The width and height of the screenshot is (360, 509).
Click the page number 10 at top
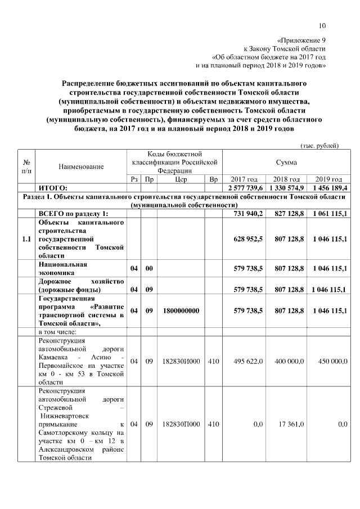(322, 25)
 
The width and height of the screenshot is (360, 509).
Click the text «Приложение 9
(301, 40)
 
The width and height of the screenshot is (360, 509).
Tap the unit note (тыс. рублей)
(319, 146)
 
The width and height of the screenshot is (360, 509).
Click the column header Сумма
(286, 162)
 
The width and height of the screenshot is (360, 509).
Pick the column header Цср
(181, 179)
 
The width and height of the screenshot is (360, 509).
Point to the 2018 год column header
(286, 179)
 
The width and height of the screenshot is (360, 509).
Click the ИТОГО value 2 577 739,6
(243, 188)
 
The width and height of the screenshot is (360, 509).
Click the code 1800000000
(181, 310)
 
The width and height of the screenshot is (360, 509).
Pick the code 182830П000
(181, 425)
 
